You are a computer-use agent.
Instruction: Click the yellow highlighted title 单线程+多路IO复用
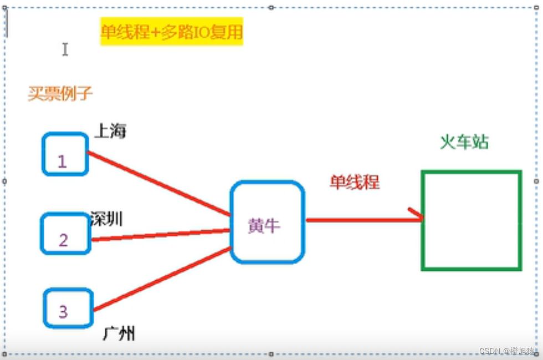171,32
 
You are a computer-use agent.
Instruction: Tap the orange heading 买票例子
60,94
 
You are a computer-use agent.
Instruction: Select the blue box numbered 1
65,153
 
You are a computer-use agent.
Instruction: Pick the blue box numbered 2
65,233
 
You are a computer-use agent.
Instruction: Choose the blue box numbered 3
68,307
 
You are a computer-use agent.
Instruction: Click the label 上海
111,131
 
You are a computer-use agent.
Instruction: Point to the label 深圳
106,219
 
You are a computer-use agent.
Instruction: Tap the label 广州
119,333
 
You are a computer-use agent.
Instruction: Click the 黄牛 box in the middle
268,222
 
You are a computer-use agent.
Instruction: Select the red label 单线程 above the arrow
355,182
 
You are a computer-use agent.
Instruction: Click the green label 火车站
464,142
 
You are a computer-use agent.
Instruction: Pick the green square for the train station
472,220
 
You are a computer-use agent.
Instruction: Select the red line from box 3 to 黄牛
162,279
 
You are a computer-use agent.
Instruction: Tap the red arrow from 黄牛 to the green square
360,220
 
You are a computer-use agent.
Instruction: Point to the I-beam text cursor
65,49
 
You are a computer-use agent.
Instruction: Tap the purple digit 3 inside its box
63,312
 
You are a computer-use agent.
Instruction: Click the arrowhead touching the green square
417,215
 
